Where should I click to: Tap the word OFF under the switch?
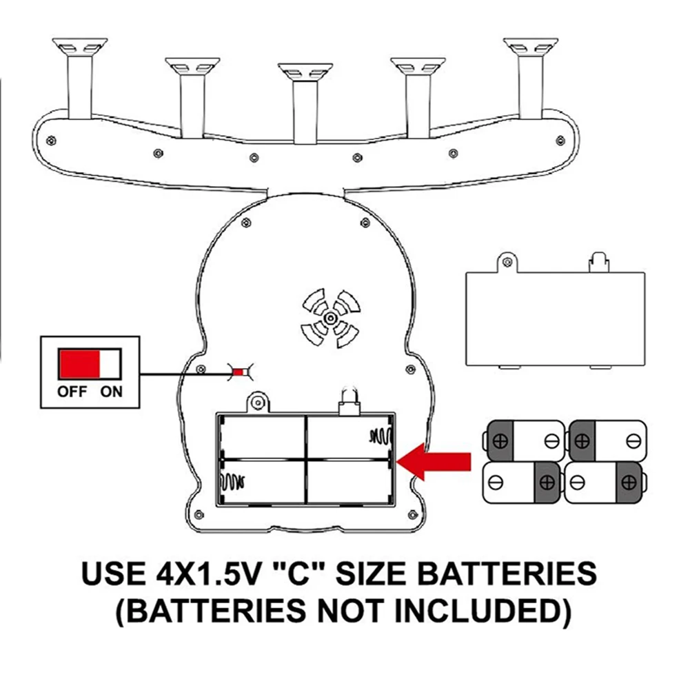pos(72,392)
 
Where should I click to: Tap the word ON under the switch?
pos(111,392)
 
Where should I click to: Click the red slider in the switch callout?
pos(79,363)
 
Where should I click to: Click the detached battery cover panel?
pos(556,317)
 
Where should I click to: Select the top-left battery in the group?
pos(523,440)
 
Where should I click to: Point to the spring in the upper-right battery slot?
pos(380,436)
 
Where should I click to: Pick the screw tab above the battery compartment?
pos(258,401)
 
